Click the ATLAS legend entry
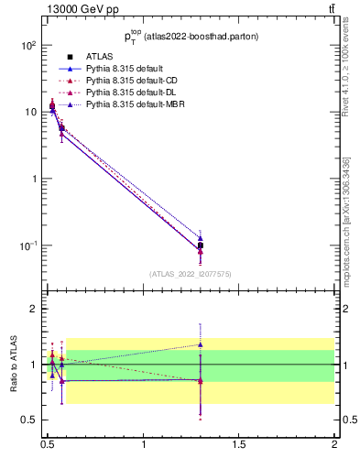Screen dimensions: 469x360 pyautogui.click(x=98, y=57)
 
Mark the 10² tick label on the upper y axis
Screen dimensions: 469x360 pyautogui.click(x=27, y=45)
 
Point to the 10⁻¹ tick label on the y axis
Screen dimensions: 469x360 pyautogui.click(x=27, y=245)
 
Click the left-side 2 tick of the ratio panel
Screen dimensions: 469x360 pyautogui.click(x=33, y=309)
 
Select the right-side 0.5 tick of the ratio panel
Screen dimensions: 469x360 pyautogui.click(x=348, y=420)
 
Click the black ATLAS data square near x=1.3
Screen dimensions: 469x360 pyautogui.click(x=201, y=245)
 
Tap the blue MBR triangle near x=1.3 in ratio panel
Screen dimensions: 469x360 pyautogui.click(x=201, y=344)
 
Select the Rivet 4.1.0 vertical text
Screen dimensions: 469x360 pyautogui.click(x=349, y=72)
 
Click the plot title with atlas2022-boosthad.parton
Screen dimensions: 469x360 pyautogui.click(x=191, y=37)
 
